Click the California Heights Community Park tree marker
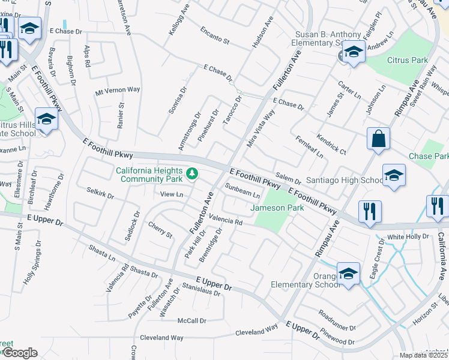click(x=192, y=174)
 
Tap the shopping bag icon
click(x=378, y=139)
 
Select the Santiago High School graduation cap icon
click(x=394, y=175)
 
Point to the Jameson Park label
click(x=277, y=208)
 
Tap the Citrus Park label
click(x=408, y=60)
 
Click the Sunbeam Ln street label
click(x=243, y=191)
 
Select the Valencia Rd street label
click(x=225, y=221)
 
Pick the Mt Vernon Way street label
click(x=118, y=90)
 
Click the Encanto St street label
click(x=215, y=35)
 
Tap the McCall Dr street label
click(x=192, y=321)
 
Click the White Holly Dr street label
click(x=408, y=237)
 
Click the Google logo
click(x=20, y=353)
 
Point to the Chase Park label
click(x=429, y=156)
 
